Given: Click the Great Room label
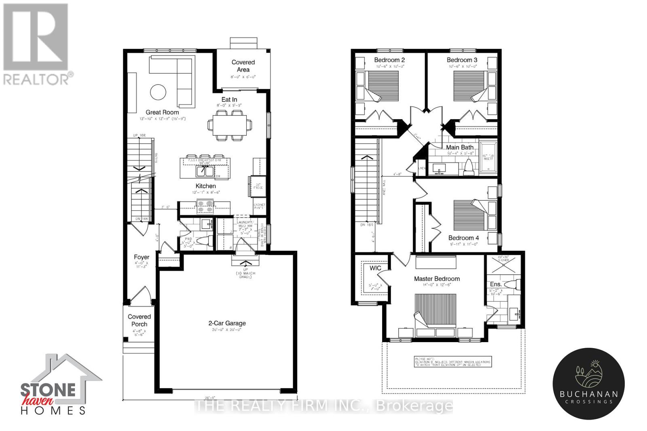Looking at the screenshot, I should coord(162,112).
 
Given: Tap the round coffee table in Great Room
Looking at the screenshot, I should coord(158,92).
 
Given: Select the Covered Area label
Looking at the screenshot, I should coord(243,65).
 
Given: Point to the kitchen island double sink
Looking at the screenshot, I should coord(205,171).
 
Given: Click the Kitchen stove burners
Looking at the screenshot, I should coord(205,206).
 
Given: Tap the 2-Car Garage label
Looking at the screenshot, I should coord(227,323).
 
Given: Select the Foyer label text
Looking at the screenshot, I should coord(142,257).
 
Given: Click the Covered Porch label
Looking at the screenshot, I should coord(139,320).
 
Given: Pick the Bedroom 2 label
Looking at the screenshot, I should coord(389,60).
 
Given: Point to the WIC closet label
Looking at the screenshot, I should coord(375,268).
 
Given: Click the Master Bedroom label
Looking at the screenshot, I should coord(437,279).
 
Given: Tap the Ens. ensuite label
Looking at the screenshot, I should coord(496,284).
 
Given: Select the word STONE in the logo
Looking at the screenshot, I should coord(48,390).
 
